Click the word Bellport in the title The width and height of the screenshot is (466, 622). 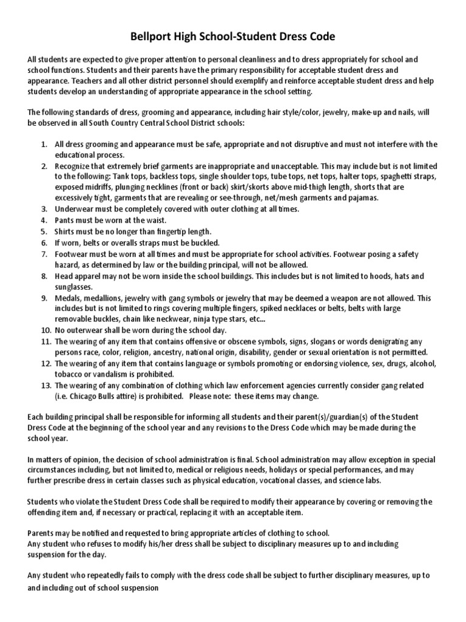pyautogui.click(x=152, y=37)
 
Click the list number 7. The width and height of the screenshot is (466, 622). pyautogui.click(x=44, y=253)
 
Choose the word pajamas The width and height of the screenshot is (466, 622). pyautogui.click(x=362, y=198)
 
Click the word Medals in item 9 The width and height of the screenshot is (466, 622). pyautogui.click(x=69, y=298)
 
